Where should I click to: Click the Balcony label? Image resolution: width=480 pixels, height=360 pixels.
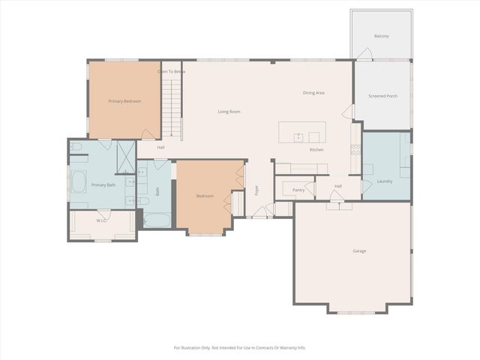click(x=382, y=36)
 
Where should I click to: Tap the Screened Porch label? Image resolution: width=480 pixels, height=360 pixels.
click(x=382, y=96)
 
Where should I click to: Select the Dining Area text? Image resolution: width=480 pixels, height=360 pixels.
click(x=313, y=93)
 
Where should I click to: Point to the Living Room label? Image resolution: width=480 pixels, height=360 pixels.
click(x=229, y=112)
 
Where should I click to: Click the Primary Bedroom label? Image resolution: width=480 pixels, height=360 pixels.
click(x=124, y=100)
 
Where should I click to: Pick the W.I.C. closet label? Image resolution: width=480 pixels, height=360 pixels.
click(x=102, y=220)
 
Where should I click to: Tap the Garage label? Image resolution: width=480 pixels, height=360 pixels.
click(x=359, y=250)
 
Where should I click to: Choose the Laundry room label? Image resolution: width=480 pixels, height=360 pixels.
click(x=384, y=181)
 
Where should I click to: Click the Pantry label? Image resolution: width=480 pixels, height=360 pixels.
click(x=298, y=190)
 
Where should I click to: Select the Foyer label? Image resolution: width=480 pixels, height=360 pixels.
click(x=256, y=190)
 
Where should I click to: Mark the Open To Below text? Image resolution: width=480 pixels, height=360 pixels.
click(x=171, y=71)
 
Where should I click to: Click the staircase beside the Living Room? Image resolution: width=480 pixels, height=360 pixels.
click(x=172, y=105)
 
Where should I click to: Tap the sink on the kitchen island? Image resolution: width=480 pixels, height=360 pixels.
click(x=298, y=137)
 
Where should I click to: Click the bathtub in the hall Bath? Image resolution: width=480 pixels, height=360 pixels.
click(x=157, y=220)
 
